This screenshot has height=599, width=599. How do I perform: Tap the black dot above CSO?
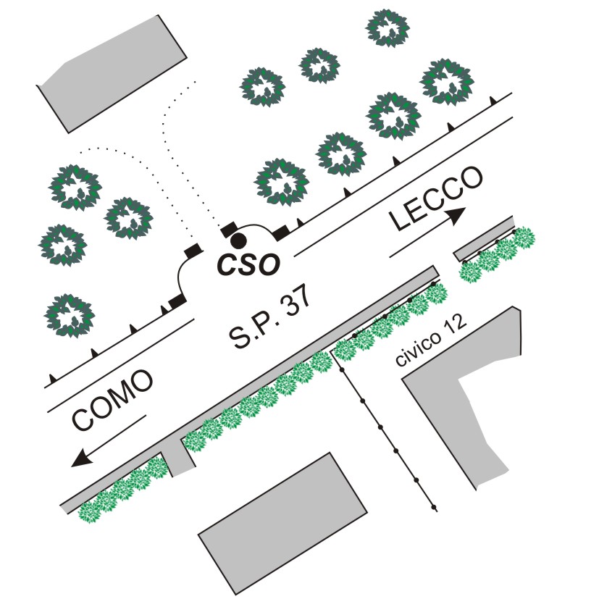238,240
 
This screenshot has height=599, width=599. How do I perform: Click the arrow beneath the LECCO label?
428,233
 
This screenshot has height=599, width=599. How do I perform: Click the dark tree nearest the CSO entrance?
281,180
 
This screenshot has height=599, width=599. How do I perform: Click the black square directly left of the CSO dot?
228,230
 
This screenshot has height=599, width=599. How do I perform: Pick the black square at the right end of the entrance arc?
281,233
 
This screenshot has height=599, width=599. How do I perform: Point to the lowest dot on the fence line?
434,506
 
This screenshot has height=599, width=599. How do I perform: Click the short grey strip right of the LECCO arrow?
483,237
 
